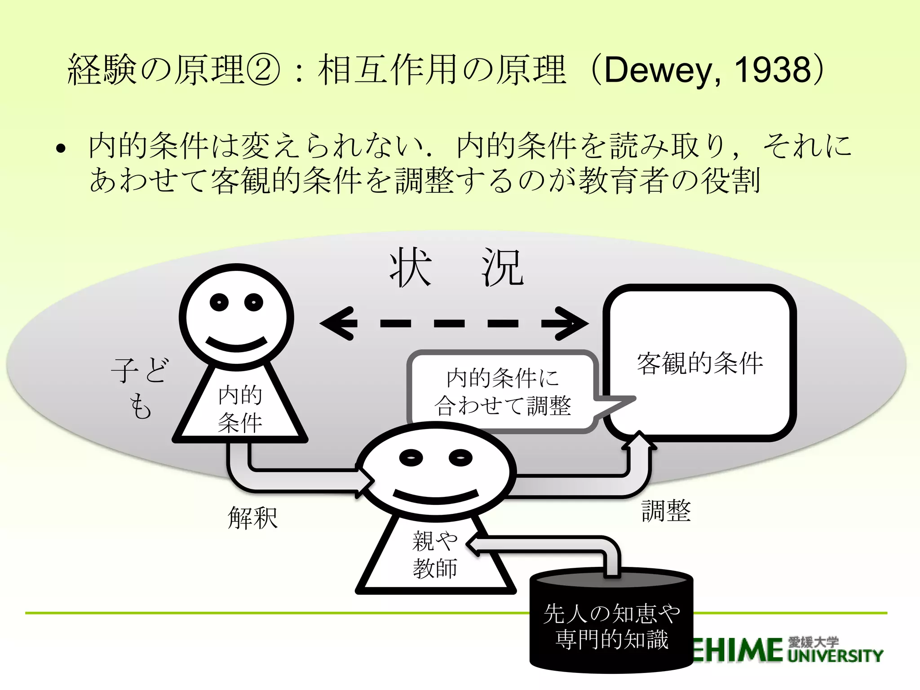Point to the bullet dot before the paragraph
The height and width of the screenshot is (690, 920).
point(61,149)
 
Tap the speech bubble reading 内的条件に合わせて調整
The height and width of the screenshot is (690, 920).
point(503,391)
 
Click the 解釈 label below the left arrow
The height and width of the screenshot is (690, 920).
point(252,517)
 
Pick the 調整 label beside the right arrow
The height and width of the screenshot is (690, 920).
point(666,511)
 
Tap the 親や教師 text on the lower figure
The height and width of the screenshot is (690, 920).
point(434,554)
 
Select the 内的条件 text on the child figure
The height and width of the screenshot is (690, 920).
point(240,409)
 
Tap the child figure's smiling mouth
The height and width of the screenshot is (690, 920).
point(236,345)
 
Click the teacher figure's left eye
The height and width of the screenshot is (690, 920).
point(411,458)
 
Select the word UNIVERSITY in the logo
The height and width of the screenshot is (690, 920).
point(836,656)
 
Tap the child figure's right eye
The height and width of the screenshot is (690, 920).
point(254,302)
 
